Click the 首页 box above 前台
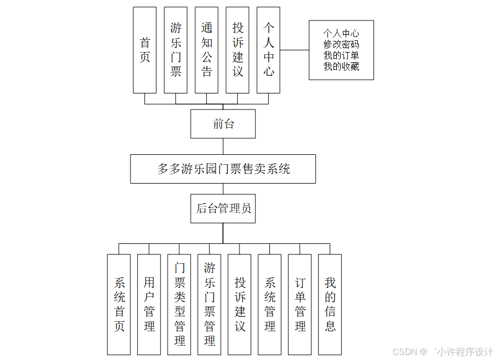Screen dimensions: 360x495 coord(145,50)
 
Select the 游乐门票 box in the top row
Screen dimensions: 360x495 coord(176,50)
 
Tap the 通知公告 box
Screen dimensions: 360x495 coord(207,50)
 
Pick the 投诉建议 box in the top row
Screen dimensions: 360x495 coord(238,50)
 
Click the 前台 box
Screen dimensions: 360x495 coord(223,124)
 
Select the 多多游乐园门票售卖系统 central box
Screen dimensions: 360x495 coord(223,169)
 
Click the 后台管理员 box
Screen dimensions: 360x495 coord(223,208)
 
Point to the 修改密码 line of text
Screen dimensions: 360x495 coord(341,44)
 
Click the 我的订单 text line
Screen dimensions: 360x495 coord(341,55)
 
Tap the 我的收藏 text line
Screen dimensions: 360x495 coord(341,66)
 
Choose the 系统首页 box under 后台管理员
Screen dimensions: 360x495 coord(119,304)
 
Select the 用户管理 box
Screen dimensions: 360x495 coord(149,304)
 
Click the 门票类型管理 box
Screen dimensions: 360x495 coord(179,304)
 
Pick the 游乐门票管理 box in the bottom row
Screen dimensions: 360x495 coord(210,304)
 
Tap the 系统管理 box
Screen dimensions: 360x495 coord(270,304)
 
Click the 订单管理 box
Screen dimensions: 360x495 coord(300,304)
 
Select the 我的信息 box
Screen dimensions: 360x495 coord(330,304)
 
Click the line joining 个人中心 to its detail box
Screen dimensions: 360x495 coord(294,50)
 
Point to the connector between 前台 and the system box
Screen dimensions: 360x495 coord(223,147)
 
